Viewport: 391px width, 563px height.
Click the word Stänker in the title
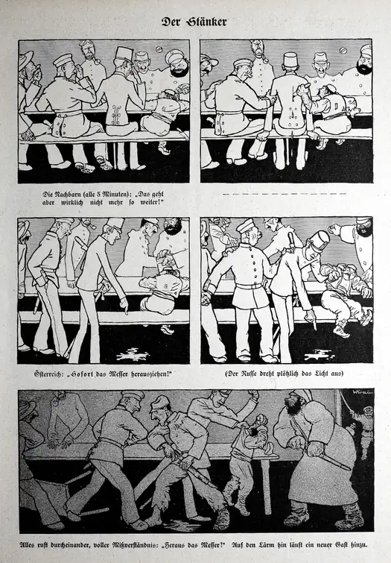point(206,22)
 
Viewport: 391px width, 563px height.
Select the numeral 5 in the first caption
point(98,194)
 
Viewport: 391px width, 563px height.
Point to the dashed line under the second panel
point(284,194)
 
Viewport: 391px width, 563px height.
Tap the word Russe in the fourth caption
point(247,374)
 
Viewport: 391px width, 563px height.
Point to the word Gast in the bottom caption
point(342,545)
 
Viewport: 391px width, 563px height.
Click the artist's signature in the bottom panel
point(362,391)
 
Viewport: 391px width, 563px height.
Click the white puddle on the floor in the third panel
point(133,353)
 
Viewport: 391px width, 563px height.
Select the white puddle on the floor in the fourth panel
point(320,356)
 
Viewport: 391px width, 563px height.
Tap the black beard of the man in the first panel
point(178,70)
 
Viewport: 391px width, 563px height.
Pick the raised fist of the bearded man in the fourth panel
point(335,229)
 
